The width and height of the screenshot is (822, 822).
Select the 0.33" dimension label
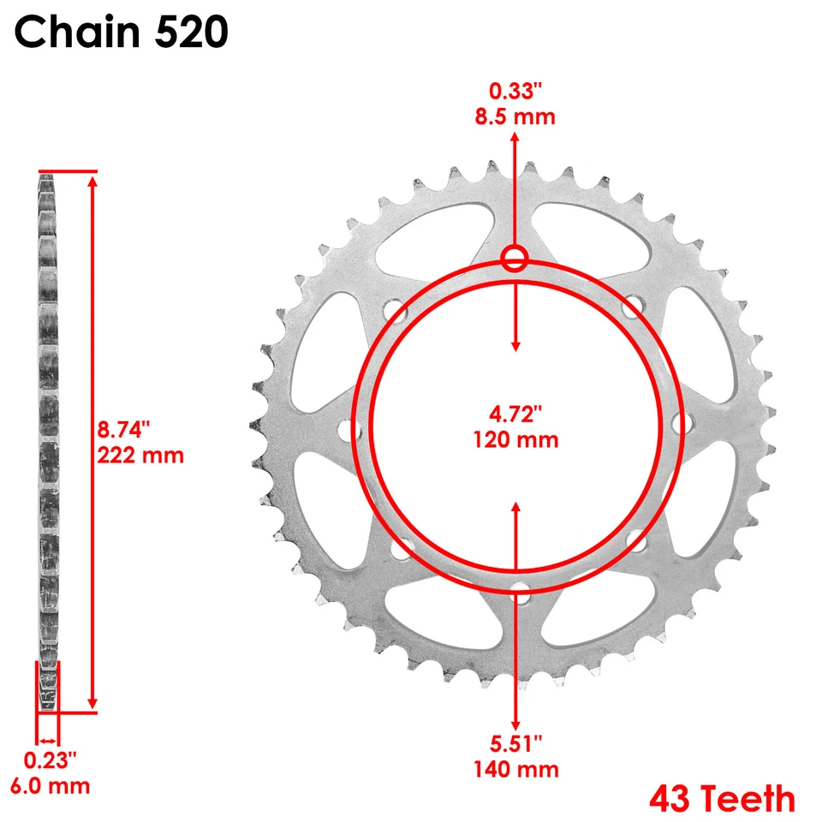515,90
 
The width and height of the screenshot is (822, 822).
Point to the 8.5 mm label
515,116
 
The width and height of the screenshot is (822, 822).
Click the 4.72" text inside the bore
515,415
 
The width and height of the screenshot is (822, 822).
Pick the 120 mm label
515,440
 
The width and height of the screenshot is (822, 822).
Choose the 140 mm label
515,769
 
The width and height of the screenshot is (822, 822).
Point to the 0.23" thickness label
50,759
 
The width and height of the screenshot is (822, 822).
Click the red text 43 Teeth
721,799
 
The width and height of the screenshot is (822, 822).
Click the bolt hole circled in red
515,259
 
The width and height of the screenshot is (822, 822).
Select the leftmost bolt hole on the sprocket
348,429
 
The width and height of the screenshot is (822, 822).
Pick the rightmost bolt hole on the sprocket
682,422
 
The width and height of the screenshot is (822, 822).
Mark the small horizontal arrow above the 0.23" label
47,741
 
